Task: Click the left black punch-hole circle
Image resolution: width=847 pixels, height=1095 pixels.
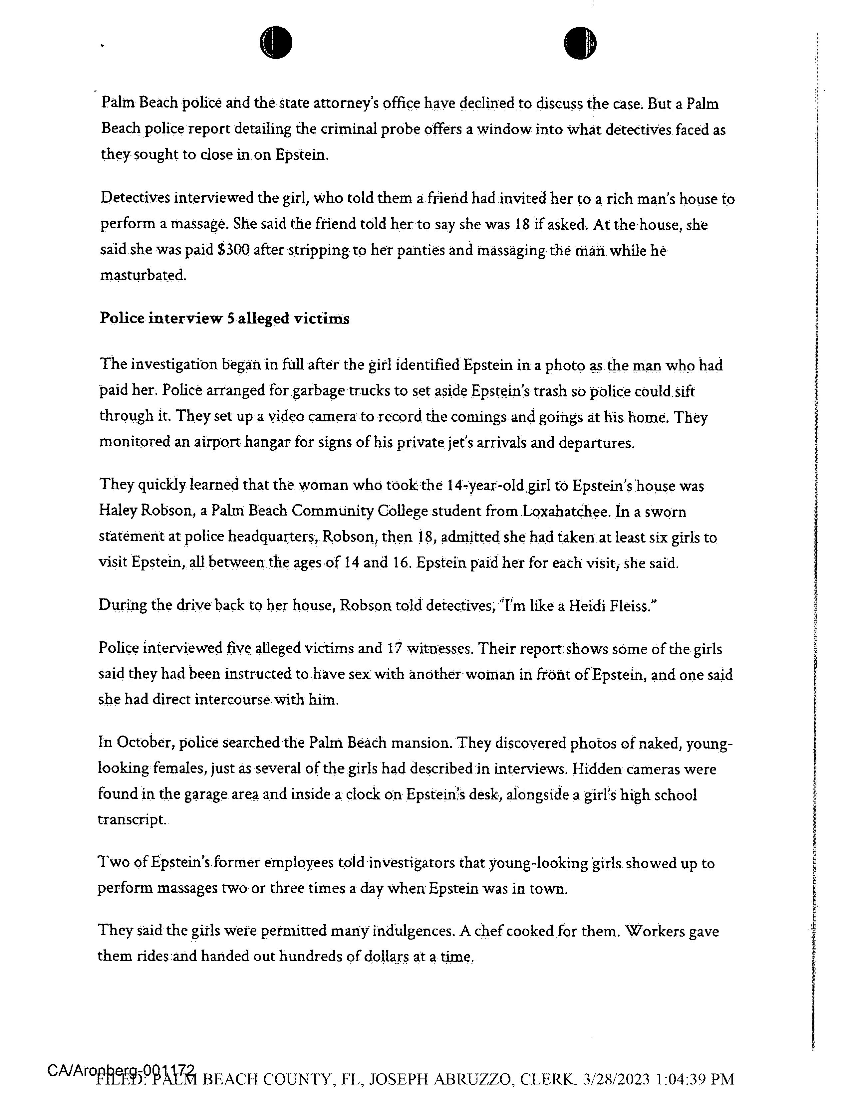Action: click(x=276, y=42)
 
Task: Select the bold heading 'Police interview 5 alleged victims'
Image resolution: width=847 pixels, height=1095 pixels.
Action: click(x=225, y=319)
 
